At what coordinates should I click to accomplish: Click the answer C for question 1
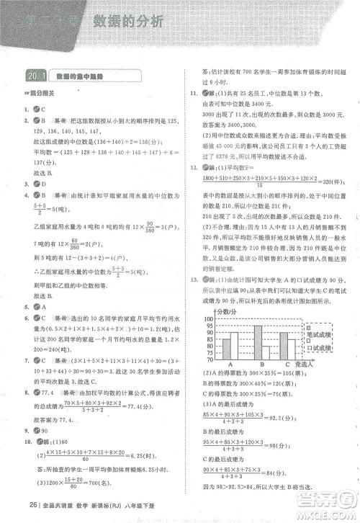[44, 108]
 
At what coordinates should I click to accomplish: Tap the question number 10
[26, 441]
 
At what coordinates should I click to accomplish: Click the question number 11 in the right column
[192, 94]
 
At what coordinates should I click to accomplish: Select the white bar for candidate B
[265, 352]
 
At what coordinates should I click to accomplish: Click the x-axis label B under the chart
[261, 365]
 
